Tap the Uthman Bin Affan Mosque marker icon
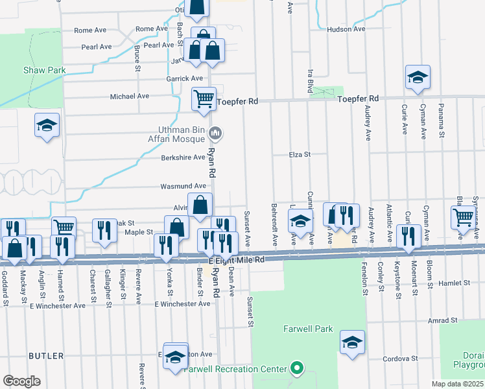coord(217,134)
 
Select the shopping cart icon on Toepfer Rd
coord(204,99)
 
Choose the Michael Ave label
coord(130,96)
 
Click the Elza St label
coord(300,154)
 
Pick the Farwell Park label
coord(308,329)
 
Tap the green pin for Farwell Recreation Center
coord(297,369)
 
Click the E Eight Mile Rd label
coord(237,260)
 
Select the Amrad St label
coord(443,320)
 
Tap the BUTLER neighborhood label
coord(46,356)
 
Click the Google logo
coord(21,381)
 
